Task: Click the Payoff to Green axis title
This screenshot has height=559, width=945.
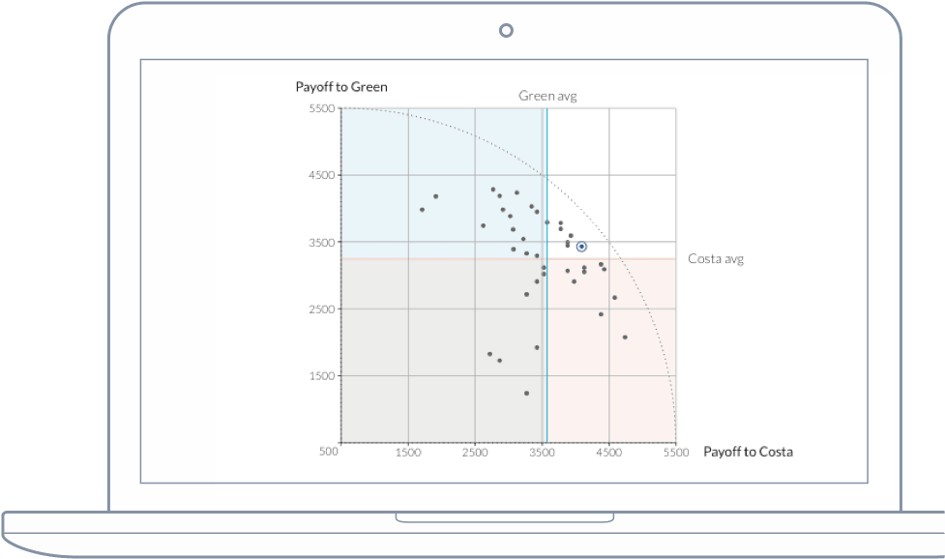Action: click(x=341, y=87)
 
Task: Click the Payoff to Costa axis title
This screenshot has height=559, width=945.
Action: click(x=748, y=452)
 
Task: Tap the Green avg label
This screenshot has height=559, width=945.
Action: click(x=547, y=96)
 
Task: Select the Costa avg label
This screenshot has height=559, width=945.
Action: click(x=716, y=259)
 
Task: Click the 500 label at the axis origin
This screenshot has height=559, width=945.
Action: click(x=329, y=452)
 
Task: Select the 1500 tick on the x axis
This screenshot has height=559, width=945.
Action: click(x=408, y=452)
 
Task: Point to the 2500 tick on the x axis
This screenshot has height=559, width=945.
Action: click(x=475, y=452)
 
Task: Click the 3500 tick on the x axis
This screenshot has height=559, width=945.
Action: click(x=542, y=452)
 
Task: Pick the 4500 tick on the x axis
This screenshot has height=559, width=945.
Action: click(x=608, y=452)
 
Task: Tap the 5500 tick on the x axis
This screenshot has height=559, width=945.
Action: click(x=676, y=452)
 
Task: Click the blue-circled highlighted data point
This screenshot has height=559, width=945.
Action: click(x=581, y=247)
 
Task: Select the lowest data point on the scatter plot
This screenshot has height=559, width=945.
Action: click(x=526, y=393)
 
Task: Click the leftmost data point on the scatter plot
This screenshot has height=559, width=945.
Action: click(x=422, y=209)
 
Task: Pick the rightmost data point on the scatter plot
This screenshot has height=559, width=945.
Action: click(x=625, y=337)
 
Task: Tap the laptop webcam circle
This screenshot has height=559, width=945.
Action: click(x=505, y=30)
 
